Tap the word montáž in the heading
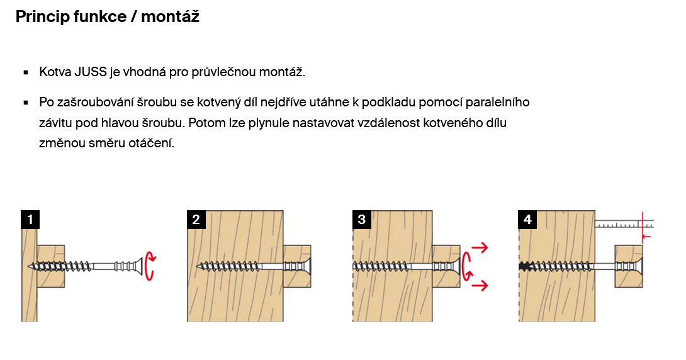(170, 16)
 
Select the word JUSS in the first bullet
(91, 72)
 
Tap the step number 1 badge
(30, 220)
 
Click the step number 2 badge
(196, 220)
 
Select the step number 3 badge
(362, 220)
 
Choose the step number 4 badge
(527, 220)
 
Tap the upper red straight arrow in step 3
(480, 247)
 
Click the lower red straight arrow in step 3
(480, 286)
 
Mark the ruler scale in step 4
(624, 224)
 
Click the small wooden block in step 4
(629, 266)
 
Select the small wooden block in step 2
(297, 266)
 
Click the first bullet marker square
(26, 72)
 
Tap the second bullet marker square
(26, 103)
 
